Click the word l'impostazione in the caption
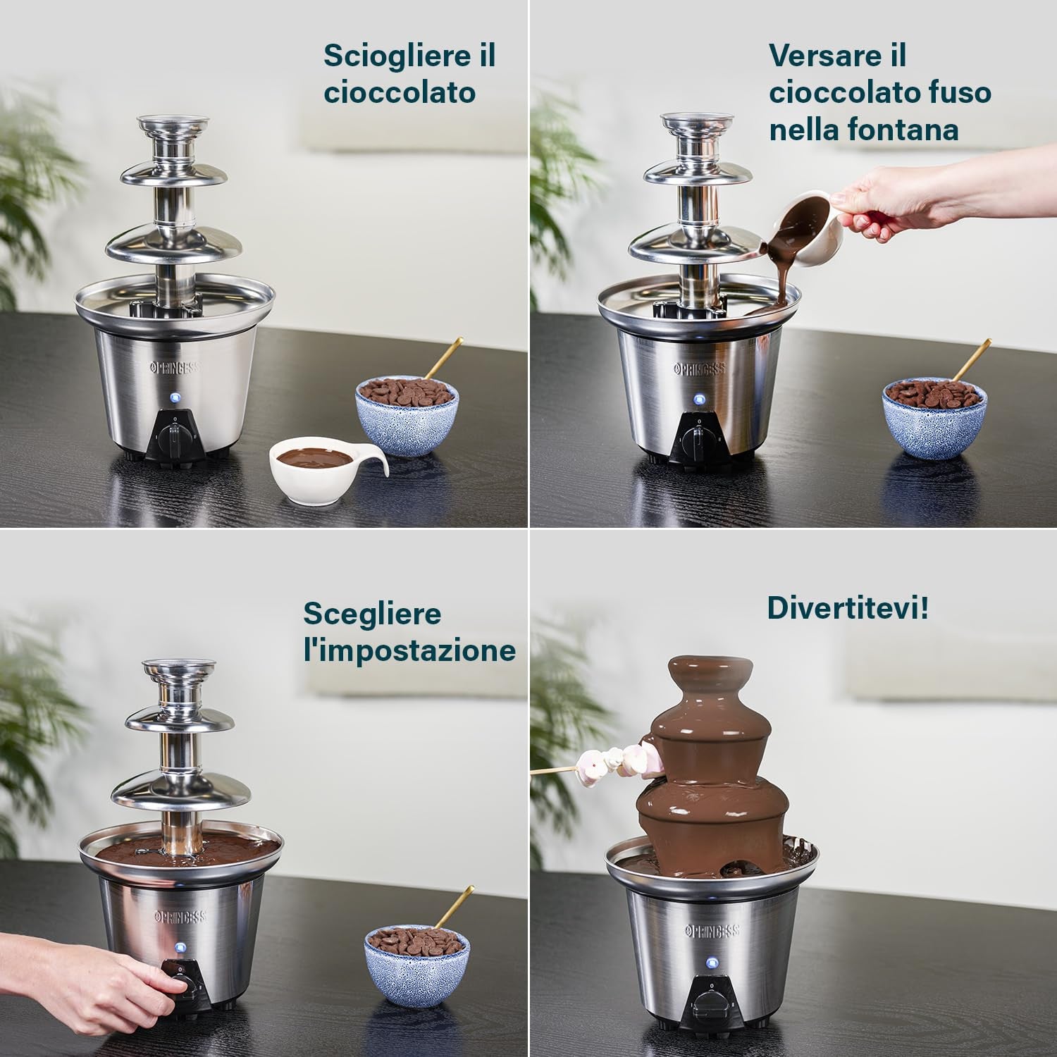point(409,650)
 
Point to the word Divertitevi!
point(848,607)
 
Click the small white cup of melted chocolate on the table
point(328,468)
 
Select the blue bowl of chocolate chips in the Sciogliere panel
point(407,415)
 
